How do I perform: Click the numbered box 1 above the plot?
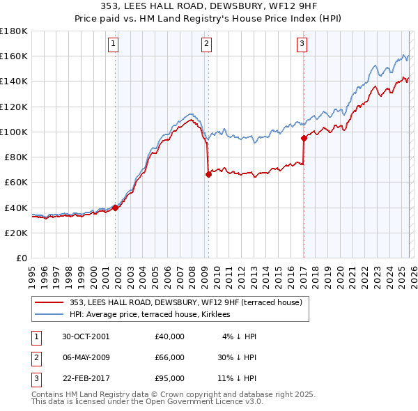pyautogui.click(x=113, y=44)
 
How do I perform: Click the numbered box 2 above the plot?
pyautogui.click(x=208, y=44)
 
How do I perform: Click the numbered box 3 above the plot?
pyautogui.click(x=302, y=44)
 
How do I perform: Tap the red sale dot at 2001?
pyautogui.click(x=115, y=207)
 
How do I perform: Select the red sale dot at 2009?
pyautogui.click(x=208, y=175)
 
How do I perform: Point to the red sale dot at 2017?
pyautogui.click(x=304, y=138)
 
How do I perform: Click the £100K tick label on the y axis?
pyautogui.click(x=14, y=132)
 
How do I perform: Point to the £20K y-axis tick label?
pyautogui.click(x=16, y=233)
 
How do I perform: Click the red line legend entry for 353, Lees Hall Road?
pyautogui.click(x=185, y=302)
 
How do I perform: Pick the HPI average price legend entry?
pyautogui.click(x=155, y=315)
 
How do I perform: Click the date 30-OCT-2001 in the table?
pyautogui.click(x=86, y=336)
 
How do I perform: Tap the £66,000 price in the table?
pyautogui.click(x=170, y=357)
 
